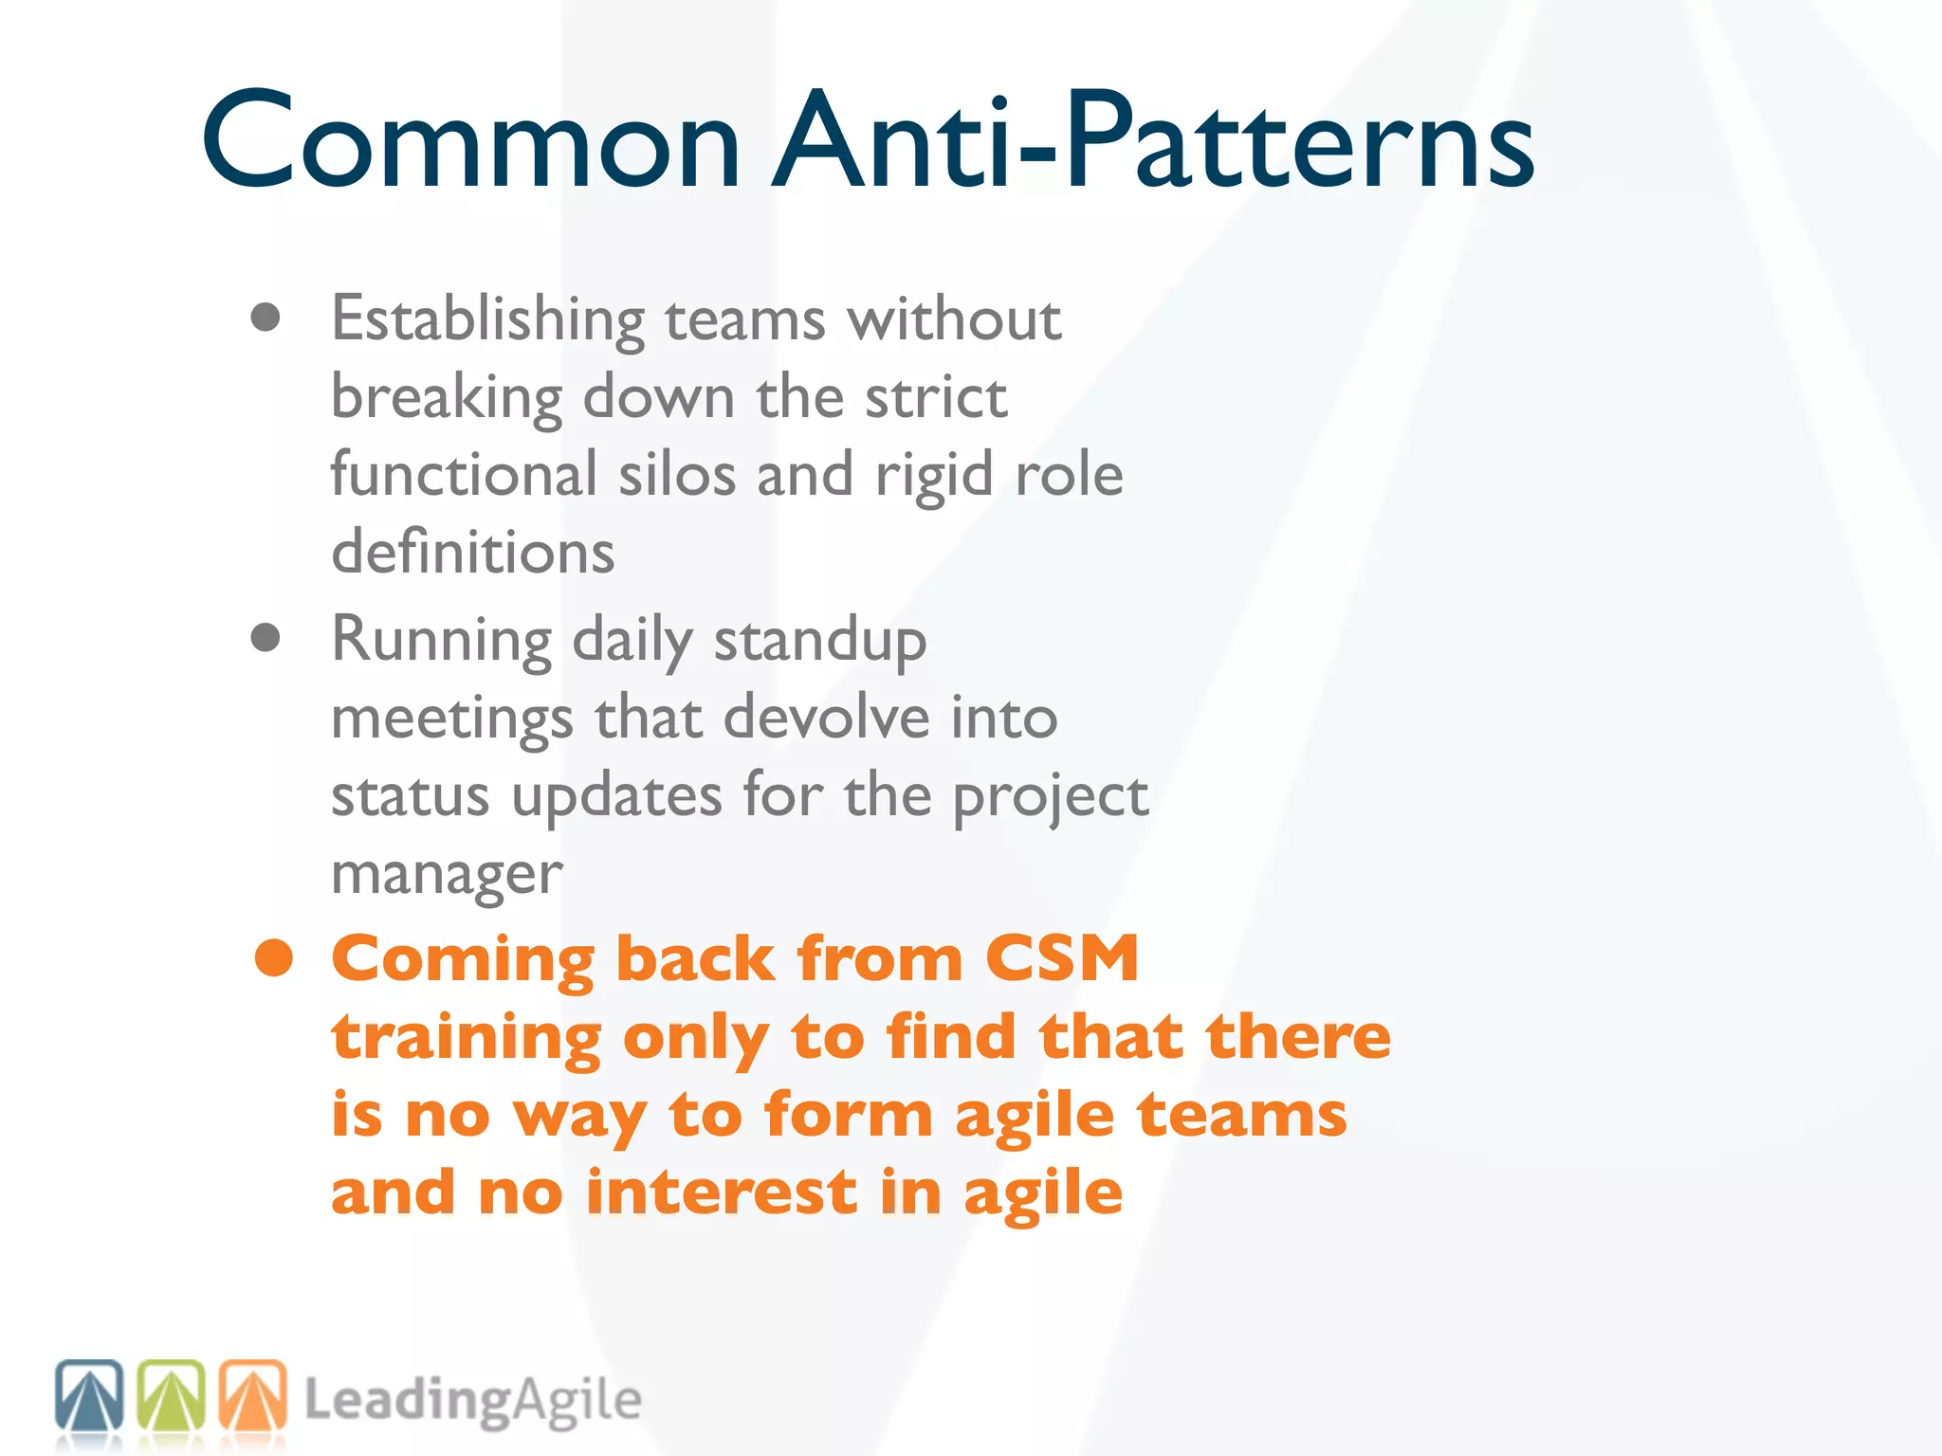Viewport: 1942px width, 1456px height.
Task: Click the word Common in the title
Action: [471, 142]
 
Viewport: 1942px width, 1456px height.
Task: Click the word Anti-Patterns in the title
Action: [1153, 142]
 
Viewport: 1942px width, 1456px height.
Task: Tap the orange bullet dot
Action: [274, 958]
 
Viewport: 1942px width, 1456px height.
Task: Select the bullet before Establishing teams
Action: [266, 318]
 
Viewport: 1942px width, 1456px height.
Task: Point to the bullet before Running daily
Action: [266, 638]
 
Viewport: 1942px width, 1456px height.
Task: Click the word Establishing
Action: [487, 320]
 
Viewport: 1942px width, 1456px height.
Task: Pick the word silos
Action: [677, 474]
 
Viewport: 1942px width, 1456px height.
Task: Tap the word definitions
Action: [472, 552]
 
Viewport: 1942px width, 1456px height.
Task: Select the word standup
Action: [820, 642]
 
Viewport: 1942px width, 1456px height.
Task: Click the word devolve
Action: [826, 717]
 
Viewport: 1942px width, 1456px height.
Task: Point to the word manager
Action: [447, 874]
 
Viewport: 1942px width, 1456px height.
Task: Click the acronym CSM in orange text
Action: [1061, 958]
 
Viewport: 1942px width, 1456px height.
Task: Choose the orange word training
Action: [467, 1039]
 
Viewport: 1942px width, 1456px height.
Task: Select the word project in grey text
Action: [1050, 796]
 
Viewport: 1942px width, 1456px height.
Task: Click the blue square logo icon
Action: [89, 1395]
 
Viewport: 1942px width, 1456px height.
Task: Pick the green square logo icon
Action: [172, 1395]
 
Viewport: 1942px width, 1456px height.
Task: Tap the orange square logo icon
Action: [253, 1395]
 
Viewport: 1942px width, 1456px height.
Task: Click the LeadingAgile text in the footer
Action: [472, 1401]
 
